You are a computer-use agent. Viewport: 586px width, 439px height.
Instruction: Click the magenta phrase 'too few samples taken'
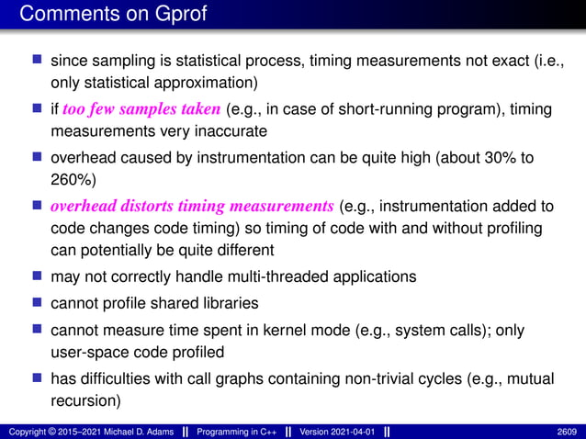141,109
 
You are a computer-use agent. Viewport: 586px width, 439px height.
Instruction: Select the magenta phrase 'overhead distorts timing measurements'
192,205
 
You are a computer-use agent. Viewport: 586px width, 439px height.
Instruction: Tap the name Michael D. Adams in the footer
130,431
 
